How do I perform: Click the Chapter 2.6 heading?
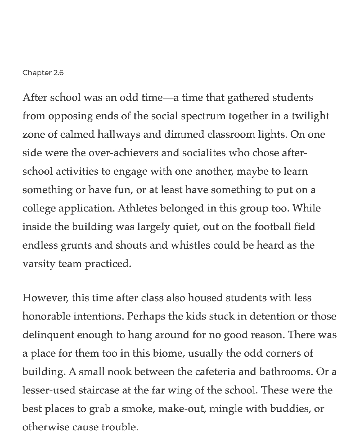(x=43, y=73)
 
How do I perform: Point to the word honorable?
(x=46, y=316)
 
